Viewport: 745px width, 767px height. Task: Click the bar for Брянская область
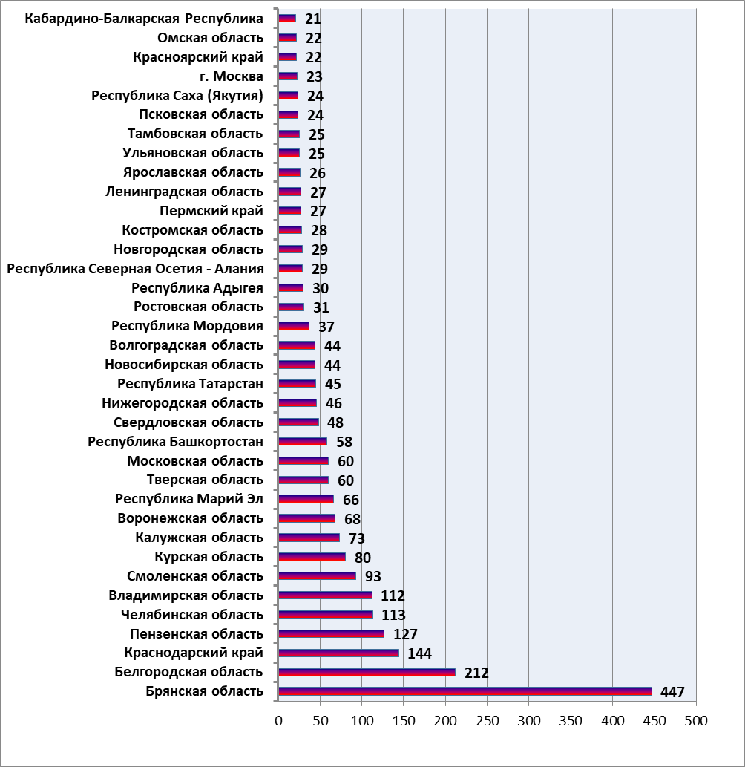coord(465,691)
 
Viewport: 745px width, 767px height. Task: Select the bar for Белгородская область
coord(367,672)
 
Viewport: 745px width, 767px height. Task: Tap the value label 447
coord(672,692)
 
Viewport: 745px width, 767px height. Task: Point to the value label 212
coord(476,673)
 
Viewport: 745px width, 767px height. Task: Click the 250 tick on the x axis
coord(487,720)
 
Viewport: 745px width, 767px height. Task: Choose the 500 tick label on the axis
coord(696,720)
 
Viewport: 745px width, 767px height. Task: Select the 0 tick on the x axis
coord(278,720)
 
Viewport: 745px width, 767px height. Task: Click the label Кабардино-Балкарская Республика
coord(144,19)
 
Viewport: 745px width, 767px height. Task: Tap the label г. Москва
coord(232,76)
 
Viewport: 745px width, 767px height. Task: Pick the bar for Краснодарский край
coord(338,653)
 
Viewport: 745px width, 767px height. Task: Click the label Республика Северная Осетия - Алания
coord(135,269)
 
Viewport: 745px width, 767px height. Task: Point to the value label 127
coord(405,634)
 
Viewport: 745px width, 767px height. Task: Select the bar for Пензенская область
coord(331,633)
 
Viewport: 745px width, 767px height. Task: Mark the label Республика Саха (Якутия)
coord(177,95)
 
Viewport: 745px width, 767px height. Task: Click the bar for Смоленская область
coord(317,575)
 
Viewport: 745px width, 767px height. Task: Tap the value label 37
coord(326,327)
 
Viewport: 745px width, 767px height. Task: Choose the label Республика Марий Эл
coord(189,499)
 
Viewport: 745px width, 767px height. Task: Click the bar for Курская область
coord(312,557)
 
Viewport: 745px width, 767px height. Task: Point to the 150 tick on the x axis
coord(404,720)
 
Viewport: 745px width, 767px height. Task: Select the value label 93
coord(372,577)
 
